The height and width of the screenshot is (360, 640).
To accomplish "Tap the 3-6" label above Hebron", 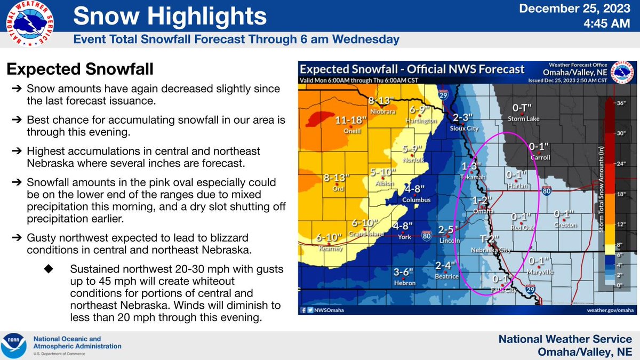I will coord(404,272).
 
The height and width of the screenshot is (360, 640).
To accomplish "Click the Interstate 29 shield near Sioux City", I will coord(442,94).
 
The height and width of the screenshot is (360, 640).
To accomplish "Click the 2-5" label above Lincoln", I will coord(449,230).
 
